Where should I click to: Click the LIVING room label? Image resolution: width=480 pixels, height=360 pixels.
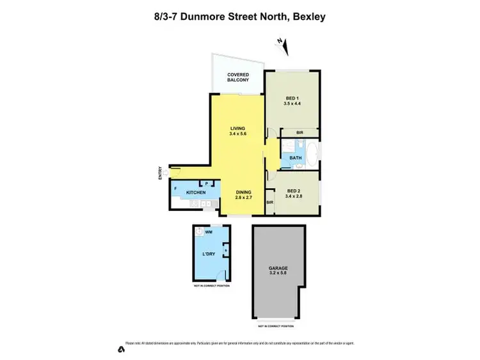tap(237, 129)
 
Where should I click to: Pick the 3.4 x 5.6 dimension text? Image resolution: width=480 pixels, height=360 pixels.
tap(237, 135)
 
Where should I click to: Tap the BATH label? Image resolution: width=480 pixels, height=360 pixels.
tap(295, 157)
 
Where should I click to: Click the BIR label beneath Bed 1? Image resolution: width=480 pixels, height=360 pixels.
tap(300, 133)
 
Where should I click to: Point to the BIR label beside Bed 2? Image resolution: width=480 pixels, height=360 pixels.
tap(270, 202)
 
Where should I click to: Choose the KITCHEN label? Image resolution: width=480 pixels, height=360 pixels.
tap(196, 192)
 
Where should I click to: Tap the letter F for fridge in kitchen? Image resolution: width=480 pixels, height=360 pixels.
tap(175, 189)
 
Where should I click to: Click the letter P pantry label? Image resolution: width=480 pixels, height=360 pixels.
tap(207, 183)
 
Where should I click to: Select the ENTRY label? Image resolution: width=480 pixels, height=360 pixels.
tap(161, 173)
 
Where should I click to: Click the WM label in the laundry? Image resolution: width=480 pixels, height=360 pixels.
tap(209, 233)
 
